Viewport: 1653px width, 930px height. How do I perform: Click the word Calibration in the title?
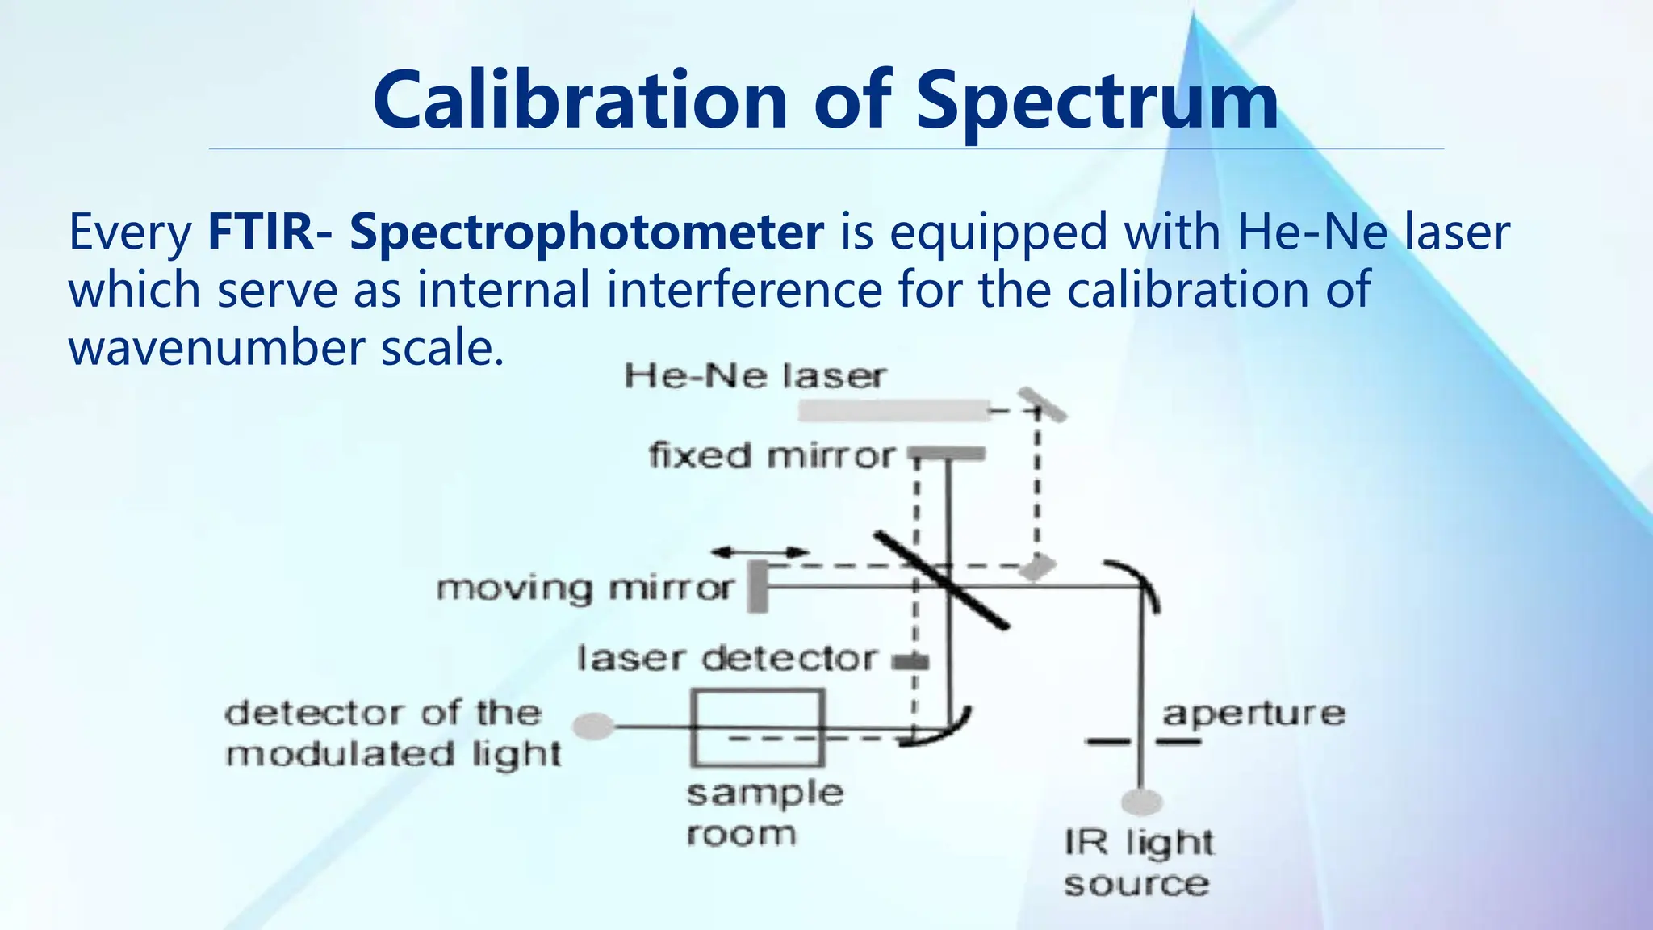[x=580, y=100]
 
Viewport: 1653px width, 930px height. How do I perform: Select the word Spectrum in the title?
[x=1097, y=102]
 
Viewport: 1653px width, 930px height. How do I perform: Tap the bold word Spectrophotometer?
[x=587, y=232]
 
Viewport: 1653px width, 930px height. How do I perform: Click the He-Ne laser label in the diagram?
[x=755, y=376]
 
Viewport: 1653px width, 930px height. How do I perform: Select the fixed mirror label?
[x=772, y=456]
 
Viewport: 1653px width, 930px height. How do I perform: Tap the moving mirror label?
[x=585, y=588]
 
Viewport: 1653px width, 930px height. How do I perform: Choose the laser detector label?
[x=726, y=660]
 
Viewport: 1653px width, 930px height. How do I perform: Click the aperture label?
[x=1253, y=714]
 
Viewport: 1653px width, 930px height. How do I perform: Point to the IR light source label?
[x=1138, y=863]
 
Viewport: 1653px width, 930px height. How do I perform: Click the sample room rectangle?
[x=757, y=727]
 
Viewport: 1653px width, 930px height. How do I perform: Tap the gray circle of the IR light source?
[x=1142, y=802]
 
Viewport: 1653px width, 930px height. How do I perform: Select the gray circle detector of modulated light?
[x=594, y=727]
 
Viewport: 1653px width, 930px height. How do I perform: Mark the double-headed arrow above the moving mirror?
[x=760, y=552]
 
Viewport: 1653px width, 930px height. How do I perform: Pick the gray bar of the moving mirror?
[x=757, y=587]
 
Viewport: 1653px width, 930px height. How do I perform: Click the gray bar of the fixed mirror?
[x=948, y=454]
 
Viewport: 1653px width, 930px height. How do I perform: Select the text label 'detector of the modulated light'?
[x=393, y=734]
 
